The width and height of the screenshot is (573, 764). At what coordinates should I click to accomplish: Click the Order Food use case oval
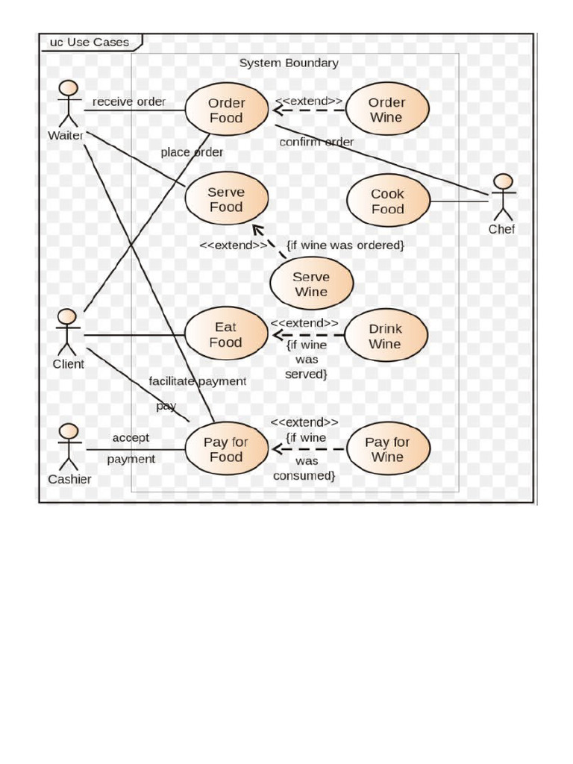tap(226, 110)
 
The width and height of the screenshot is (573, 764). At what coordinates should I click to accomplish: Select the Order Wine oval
tap(386, 110)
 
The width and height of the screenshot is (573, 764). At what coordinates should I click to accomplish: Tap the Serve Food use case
tap(226, 200)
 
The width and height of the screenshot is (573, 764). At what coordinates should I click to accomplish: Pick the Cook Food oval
tap(388, 201)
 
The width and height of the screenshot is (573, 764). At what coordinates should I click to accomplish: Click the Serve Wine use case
tap(311, 284)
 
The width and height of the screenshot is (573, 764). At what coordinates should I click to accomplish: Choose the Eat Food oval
tap(225, 335)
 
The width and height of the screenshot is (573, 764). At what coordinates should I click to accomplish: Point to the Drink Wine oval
tap(386, 336)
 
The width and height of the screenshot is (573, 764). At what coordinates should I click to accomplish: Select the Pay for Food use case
tap(225, 449)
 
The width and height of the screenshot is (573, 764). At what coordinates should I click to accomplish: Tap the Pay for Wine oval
tap(386, 449)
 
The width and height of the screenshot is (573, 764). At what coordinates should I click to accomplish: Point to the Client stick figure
tap(67, 331)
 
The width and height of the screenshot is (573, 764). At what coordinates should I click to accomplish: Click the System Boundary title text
tap(288, 63)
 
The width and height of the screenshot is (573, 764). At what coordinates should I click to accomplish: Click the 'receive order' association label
tap(129, 101)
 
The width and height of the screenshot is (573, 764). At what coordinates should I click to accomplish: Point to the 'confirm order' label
tap(316, 142)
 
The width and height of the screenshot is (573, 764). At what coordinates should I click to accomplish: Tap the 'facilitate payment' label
tap(197, 381)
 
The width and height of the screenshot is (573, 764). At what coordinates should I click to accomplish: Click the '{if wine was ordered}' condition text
tap(345, 245)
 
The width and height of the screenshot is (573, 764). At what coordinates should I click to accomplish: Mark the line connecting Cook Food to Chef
tap(459, 201)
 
